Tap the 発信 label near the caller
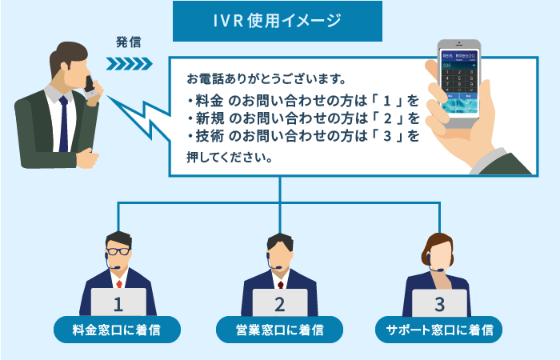pyautogui.click(x=128, y=40)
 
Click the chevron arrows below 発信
pyautogui.click(x=130, y=63)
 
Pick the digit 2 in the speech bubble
pyautogui.click(x=386, y=118)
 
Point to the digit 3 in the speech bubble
pyautogui.click(x=386, y=136)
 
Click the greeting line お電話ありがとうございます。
pyautogui.click(x=266, y=80)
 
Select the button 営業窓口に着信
pyautogui.click(x=279, y=328)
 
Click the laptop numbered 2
pyautogui.click(x=279, y=302)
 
